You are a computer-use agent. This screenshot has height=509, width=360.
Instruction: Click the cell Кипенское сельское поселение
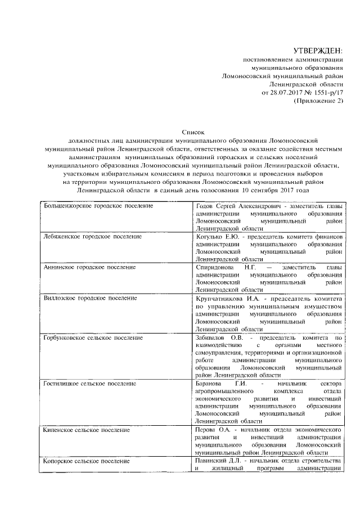click(x=87, y=430)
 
